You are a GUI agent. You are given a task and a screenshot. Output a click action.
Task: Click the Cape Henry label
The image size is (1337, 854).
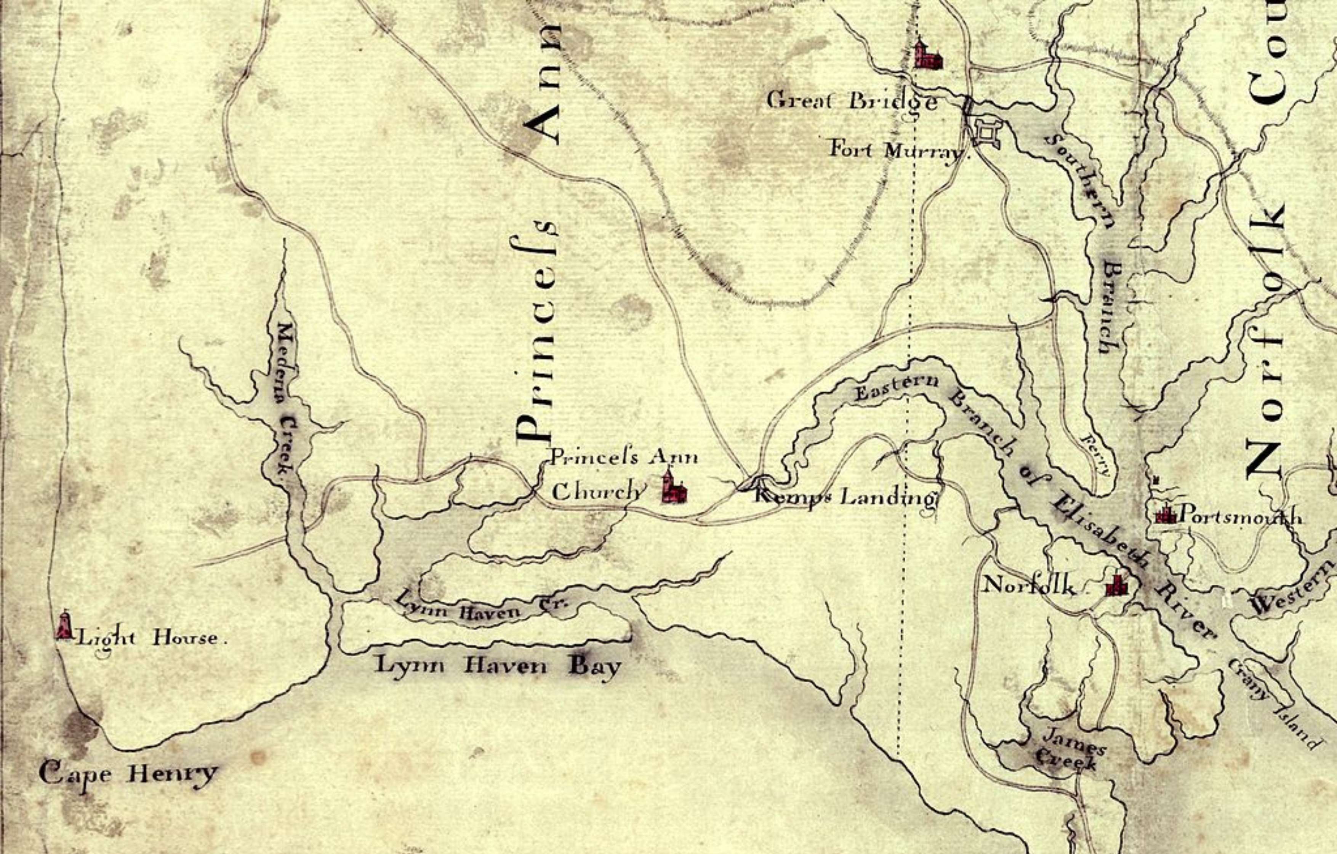click(128, 774)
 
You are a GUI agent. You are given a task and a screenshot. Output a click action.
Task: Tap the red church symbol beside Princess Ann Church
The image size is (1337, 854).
click(674, 488)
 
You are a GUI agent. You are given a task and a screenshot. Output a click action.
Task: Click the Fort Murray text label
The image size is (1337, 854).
click(897, 150)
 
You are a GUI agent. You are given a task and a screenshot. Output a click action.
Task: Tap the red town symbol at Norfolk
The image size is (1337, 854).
click(1116, 585)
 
